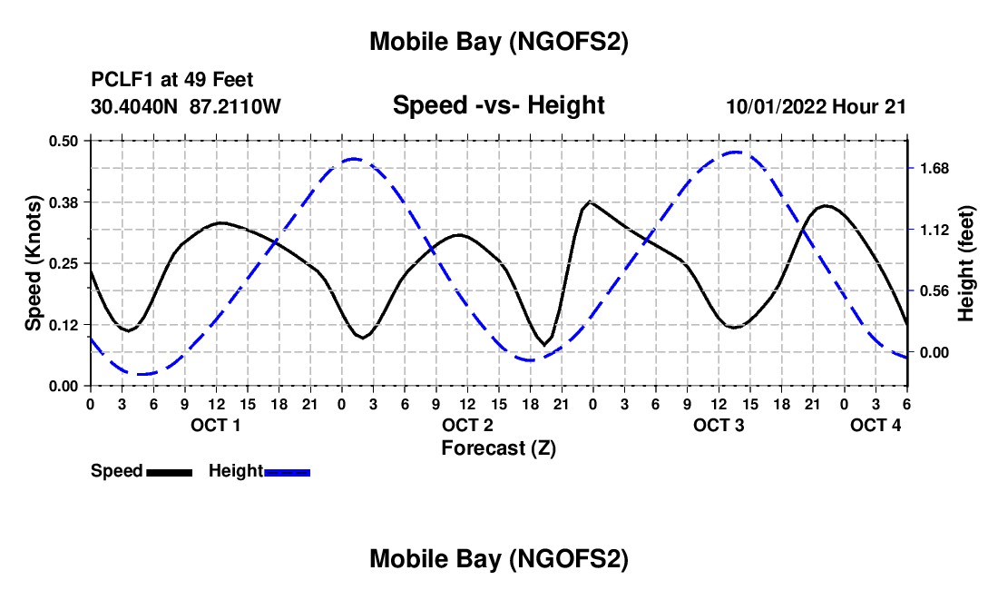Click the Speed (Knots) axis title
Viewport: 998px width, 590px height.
pos(34,262)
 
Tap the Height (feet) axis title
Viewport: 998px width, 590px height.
pos(965,263)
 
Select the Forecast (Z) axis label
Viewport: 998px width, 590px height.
pos(498,447)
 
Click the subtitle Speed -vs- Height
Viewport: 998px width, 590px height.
pos(498,105)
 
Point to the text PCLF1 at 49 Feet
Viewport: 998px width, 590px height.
pos(172,80)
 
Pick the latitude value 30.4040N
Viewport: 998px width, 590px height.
pos(136,106)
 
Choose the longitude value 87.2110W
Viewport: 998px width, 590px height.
pos(236,106)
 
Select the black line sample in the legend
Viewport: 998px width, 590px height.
pos(169,472)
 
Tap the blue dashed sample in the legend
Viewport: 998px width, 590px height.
pos(288,472)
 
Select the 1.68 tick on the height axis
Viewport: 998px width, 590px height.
pos(934,169)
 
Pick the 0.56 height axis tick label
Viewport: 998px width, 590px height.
pos(934,291)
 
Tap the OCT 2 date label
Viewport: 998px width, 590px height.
pos(468,425)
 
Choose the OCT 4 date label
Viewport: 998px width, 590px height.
pos(876,425)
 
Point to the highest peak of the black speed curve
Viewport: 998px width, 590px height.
pos(591,202)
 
